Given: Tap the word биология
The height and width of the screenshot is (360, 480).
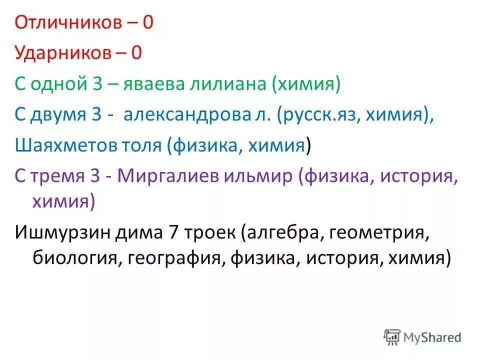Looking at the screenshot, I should (x=75, y=258).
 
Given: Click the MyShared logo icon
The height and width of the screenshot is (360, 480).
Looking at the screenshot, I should (x=393, y=337).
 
